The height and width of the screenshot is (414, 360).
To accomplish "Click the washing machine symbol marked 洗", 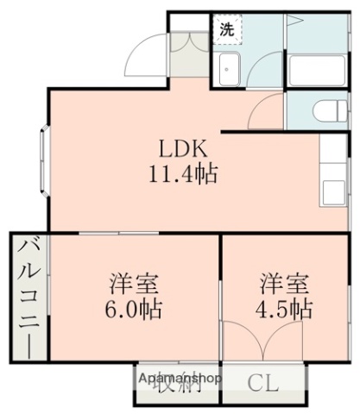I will tap(227, 28).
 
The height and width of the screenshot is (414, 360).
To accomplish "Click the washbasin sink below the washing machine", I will tap(230, 70).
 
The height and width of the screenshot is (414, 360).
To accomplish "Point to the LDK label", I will tap(180, 147).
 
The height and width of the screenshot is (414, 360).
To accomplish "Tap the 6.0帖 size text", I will tap(136, 308).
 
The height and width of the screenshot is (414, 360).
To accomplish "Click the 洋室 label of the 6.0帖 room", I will tap(136, 283).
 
